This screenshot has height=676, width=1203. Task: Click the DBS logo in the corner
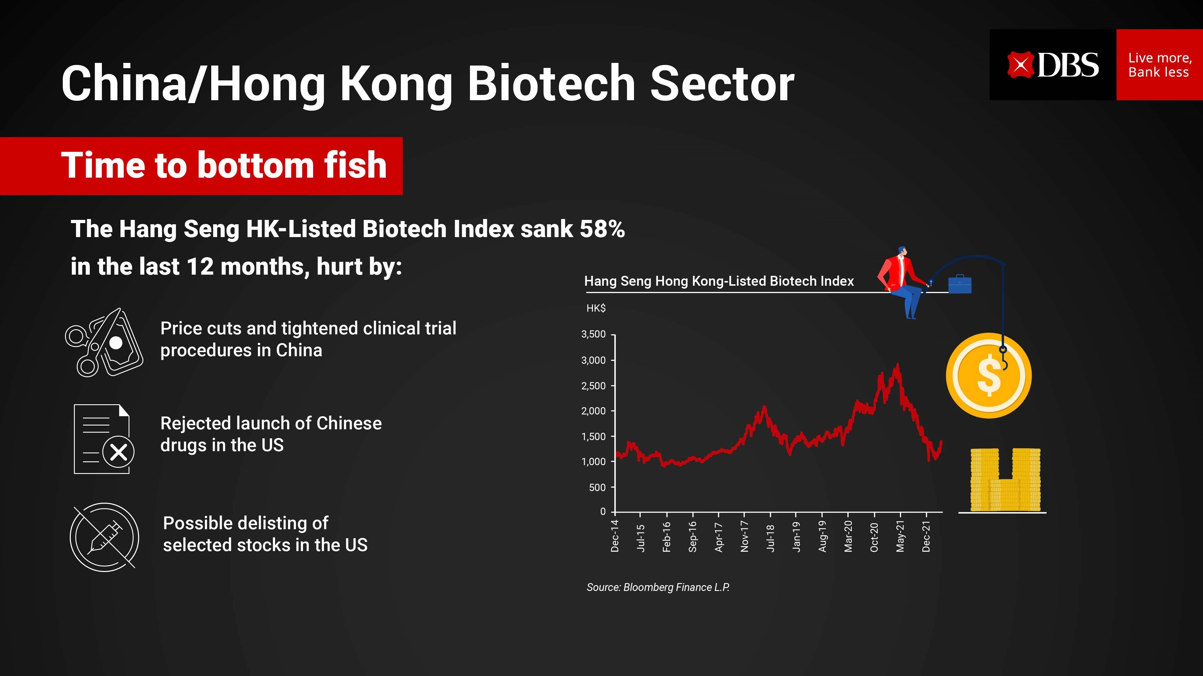1053,65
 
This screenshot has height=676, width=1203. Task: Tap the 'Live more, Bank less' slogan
1160,65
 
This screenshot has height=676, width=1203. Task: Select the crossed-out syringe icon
104,537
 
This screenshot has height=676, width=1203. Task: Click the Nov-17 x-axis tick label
744,537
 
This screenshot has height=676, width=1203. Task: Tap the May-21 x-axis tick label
900,537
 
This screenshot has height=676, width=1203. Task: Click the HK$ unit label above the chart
596,308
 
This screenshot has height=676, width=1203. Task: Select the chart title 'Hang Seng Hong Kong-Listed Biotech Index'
719,281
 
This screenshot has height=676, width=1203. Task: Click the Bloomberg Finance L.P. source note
658,587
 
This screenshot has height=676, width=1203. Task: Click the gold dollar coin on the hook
989,375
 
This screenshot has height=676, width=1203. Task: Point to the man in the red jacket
899,280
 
